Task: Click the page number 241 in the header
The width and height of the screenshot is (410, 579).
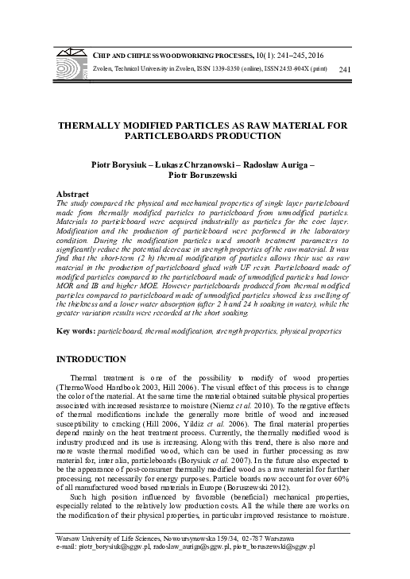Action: point(344,71)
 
